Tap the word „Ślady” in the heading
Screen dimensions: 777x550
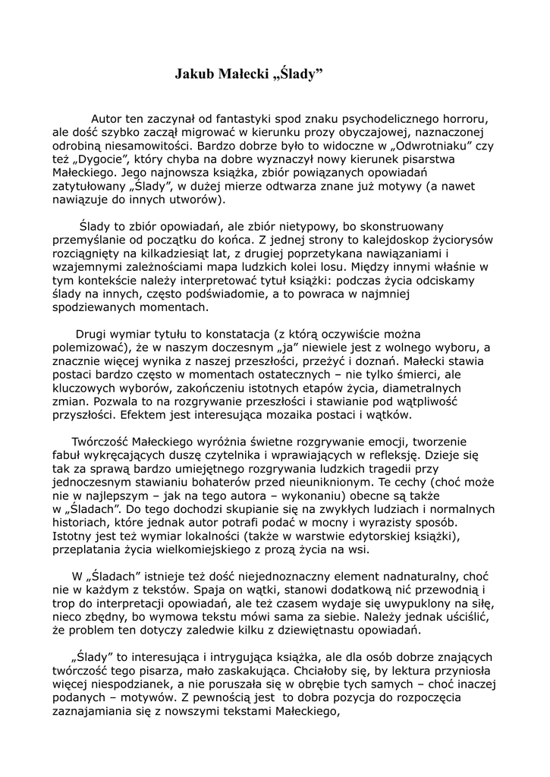point(297,74)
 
